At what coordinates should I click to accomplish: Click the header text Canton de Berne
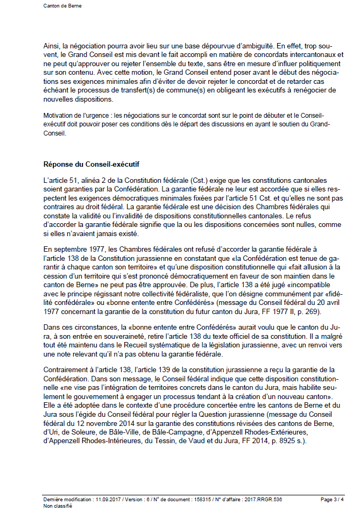62,6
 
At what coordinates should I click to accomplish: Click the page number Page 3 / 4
331,500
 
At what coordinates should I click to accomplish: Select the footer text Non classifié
58,506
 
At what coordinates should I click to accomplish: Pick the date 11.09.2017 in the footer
106,500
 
